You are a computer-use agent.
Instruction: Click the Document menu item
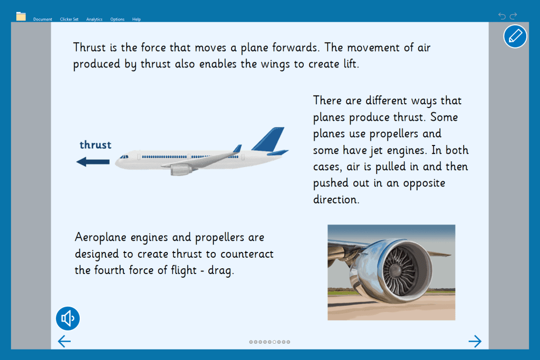[x=42, y=20]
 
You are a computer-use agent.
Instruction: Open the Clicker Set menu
[x=69, y=20]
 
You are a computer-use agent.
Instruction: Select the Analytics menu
[x=94, y=20]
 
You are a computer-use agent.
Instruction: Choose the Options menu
[x=117, y=20]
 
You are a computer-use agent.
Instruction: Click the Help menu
[x=137, y=20]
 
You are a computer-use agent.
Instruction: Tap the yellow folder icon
[x=21, y=16]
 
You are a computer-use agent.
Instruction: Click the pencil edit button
[x=515, y=36]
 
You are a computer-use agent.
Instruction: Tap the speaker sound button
[x=68, y=318]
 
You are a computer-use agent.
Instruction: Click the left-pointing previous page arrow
[x=64, y=341]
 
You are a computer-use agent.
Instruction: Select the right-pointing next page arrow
[x=475, y=341]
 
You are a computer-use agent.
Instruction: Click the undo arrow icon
[x=502, y=16]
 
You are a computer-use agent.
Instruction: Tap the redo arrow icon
[x=514, y=16]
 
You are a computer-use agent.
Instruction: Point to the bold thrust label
[x=95, y=145]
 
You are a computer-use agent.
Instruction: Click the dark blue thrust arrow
[x=93, y=162]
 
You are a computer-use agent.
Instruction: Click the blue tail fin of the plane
[x=268, y=139]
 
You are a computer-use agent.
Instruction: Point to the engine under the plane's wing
[x=181, y=170]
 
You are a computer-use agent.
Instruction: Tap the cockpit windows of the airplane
[x=124, y=157]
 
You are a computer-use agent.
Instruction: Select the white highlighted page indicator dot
[x=274, y=342]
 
